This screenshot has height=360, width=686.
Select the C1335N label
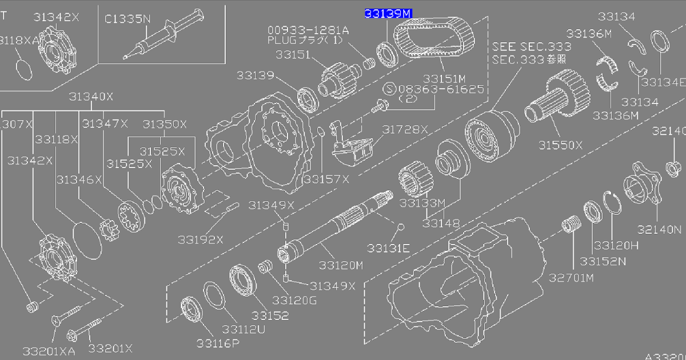pyautogui.click(x=127, y=18)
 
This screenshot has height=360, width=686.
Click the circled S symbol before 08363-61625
pyautogui.click(x=389, y=89)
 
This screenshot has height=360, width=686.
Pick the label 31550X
pyautogui.click(x=560, y=145)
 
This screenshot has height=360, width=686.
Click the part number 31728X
pyautogui.click(x=405, y=130)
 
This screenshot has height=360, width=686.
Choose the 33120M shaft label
pyautogui.click(x=341, y=265)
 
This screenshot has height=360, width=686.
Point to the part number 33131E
pyautogui.click(x=389, y=247)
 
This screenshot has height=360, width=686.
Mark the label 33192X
pyautogui.click(x=200, y=239)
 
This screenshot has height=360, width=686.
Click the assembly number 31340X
pyautogui.click(x=91, y=97)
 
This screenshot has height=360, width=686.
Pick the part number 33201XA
pyautogui.click(x=49, y=350)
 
